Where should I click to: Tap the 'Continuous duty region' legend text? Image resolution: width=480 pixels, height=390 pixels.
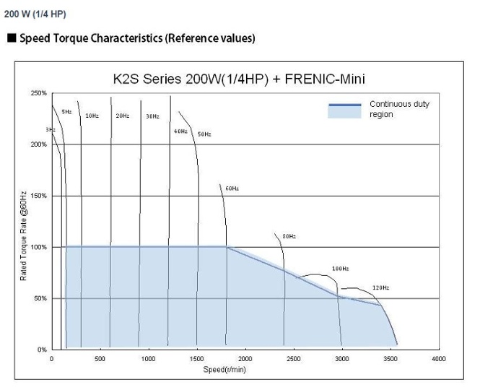[x=399, y=109]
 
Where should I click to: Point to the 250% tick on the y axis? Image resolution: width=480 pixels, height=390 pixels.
[x=39, y=93]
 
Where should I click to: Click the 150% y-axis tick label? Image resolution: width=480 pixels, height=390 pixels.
[x=39, y=196]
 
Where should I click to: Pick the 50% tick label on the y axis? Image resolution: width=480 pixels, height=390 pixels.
[x=40, y=298]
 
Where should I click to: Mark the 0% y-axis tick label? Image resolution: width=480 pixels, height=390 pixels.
[x=42, y=350]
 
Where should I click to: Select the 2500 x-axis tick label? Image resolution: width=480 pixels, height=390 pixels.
[x=294, y=358]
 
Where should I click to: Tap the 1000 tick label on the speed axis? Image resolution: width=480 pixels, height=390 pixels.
[x=148, y=358]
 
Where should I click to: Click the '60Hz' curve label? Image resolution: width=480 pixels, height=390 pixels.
[x=232, y=188]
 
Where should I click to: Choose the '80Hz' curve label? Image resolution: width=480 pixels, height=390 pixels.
[x=289, y=236]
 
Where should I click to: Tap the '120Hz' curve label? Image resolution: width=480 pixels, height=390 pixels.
[x=381, y=287]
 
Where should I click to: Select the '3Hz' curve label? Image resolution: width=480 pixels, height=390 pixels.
[x=50, y=129]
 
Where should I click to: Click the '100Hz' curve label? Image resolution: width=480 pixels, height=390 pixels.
[x=341, y=269]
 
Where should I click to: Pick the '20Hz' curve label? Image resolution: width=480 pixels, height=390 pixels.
[x=122, y=116]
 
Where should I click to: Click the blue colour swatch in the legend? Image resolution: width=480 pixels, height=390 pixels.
[x=344, y=110]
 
